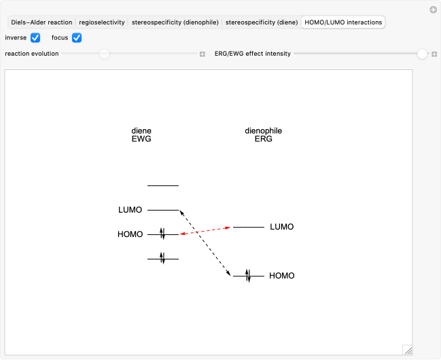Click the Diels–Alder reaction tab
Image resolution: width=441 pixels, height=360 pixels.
(x=41, y=22)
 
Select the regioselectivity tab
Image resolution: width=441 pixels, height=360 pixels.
(x=102, y=22)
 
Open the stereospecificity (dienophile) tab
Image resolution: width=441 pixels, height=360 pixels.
(x=175, y=22)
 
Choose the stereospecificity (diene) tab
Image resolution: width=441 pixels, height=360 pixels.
(x=262, y=22)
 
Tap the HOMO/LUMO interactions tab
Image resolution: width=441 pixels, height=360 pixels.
(x=343, y=22)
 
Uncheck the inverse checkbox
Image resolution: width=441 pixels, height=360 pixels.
(x=35, y=37)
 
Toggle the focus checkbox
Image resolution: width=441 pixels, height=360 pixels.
(x=77, y=37)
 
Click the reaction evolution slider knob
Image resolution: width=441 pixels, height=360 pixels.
(x=104, y=54)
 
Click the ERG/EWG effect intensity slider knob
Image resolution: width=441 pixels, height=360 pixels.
(x=422, y=54)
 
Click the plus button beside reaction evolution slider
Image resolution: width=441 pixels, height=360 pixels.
(x=202, y=54)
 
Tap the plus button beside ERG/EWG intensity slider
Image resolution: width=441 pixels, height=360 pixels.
(x=434, y=54)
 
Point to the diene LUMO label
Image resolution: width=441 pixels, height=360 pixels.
(x=130, y=210)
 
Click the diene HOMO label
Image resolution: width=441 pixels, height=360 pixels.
(x=130, y=234)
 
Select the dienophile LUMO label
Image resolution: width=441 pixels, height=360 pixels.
(x=282, y=227)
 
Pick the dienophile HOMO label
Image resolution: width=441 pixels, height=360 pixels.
(x=282, y=276)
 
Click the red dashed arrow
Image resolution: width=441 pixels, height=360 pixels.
(x=205, y=231)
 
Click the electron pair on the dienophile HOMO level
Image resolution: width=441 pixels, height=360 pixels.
(x=248, y=276)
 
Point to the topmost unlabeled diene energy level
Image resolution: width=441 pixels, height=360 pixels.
(x=163, y=185)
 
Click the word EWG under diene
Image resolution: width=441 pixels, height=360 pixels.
(x=141, y=139)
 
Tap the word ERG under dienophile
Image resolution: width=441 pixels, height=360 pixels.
(x=264, y=139)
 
